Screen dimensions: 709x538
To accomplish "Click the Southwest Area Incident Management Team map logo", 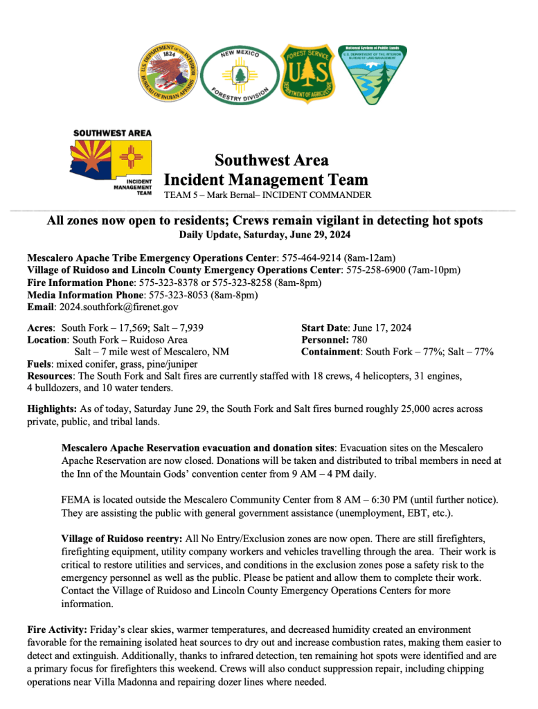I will (111, 163).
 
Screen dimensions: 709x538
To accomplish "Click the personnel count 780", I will (359, 340).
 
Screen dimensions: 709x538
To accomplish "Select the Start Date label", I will (325, 328).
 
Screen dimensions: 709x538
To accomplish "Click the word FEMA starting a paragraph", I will (75, 499).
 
